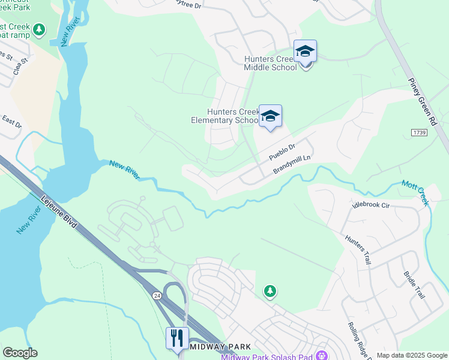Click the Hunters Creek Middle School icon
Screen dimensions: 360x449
pos(305,52)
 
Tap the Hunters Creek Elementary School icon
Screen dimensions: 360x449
pos(270,116)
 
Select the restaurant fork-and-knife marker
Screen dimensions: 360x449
pos(177,338)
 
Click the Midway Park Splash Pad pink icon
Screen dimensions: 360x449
pos(324,355)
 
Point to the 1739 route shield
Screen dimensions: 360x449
pos(419,132)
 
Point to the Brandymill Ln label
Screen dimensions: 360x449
pos(294,163)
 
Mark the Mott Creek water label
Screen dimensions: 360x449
pos(415,193)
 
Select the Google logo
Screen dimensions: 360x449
pos(20,353)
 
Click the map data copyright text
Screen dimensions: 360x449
pos(412,355)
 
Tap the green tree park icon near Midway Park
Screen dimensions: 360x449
pos(270,292)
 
